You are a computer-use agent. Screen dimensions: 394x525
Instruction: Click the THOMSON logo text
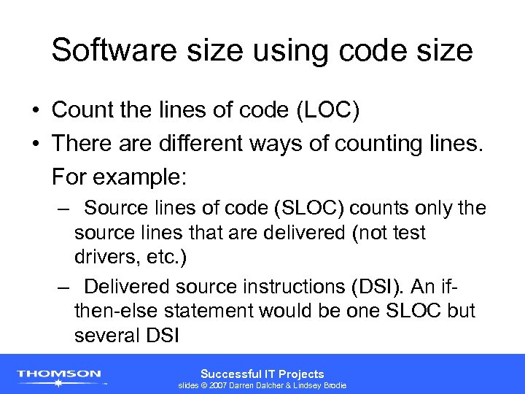(x=59, y=374)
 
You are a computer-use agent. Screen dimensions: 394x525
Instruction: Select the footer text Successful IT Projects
(x=262, y=374)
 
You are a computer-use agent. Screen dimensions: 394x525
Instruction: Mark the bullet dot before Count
(x=35, y=111)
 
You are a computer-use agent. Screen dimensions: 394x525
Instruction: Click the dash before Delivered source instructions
(x=64, y=287)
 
